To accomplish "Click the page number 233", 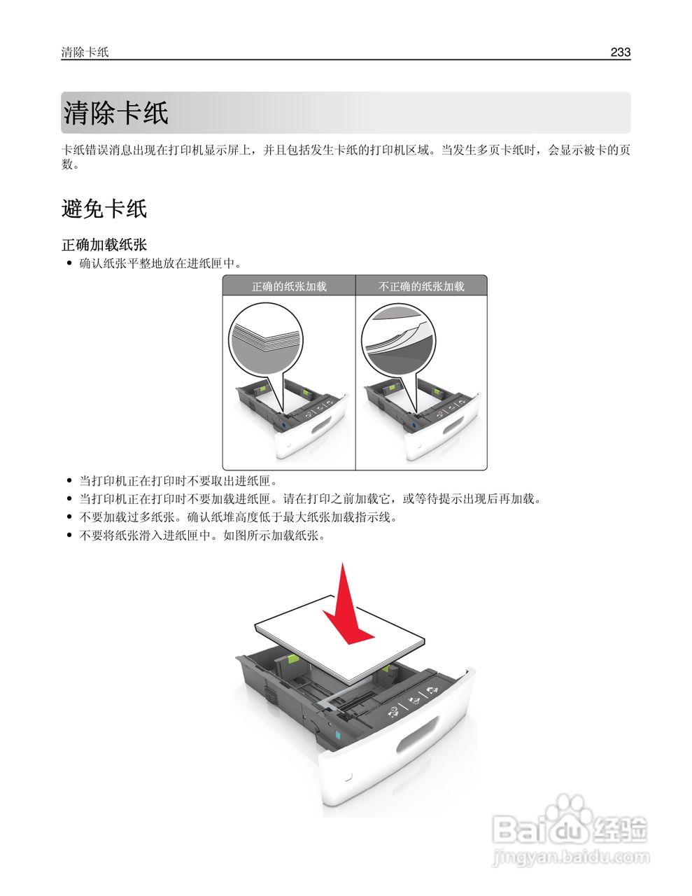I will (620, 52).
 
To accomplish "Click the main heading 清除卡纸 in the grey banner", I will (116, 113).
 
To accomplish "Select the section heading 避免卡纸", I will (104, 209).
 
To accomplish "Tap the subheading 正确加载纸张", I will (104, 245).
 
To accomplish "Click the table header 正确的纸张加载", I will (289, 286).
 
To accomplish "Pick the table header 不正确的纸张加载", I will (421, 286).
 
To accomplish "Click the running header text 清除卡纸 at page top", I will (85, 52).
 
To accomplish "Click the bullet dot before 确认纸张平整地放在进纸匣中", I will (69, 264).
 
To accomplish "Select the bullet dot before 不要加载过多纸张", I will (69, 517).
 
